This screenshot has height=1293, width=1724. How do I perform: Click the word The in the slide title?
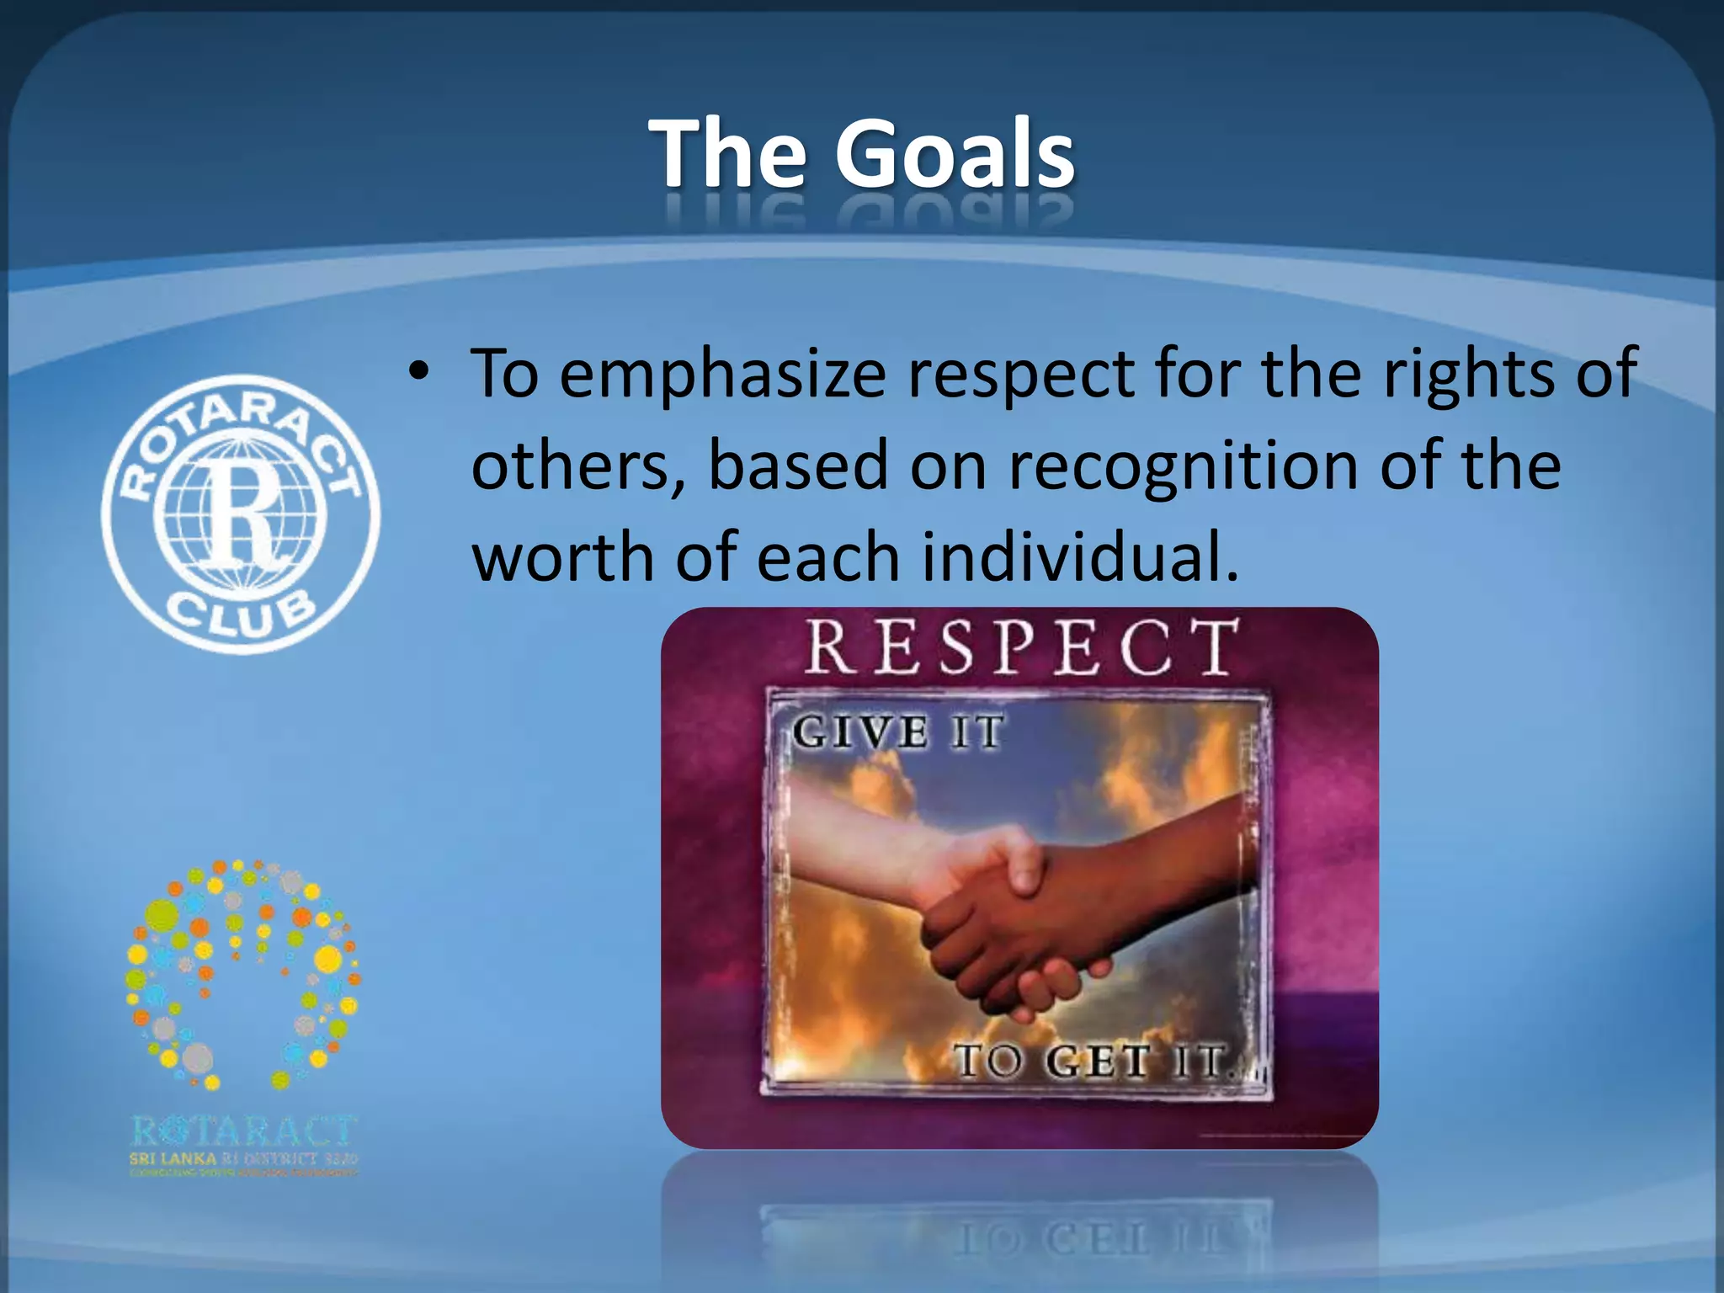point(729,154)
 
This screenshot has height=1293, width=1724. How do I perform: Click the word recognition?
point(1184,466)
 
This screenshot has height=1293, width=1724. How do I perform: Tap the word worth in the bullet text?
point(561,557)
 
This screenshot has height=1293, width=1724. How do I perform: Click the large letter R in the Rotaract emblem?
point(241,513)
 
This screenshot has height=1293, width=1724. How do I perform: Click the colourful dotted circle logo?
point(242,972)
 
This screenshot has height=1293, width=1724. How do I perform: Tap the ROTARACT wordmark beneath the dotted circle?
point(244,1131)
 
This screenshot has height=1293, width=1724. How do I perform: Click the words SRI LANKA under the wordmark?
point(173,1159)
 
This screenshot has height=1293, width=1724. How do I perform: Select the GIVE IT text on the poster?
point(897,731)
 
